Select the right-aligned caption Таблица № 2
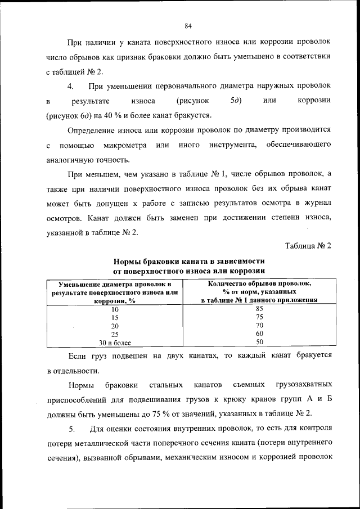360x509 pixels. tap(308, 246)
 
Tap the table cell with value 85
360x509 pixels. tap(259, 308)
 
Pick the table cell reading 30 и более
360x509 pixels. tap(115, 342)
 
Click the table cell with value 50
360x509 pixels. tap(259, 342)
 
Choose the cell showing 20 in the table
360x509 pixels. tap(115, 326)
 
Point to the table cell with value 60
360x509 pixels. tap(259, 334)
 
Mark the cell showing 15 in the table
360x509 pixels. tap(115, 317)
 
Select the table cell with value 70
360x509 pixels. tap(259, 325)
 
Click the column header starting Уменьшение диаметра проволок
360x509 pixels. tap(115, 292)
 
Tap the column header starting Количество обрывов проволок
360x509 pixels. tap(259, 292)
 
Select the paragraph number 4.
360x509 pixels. tap(70, 86)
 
